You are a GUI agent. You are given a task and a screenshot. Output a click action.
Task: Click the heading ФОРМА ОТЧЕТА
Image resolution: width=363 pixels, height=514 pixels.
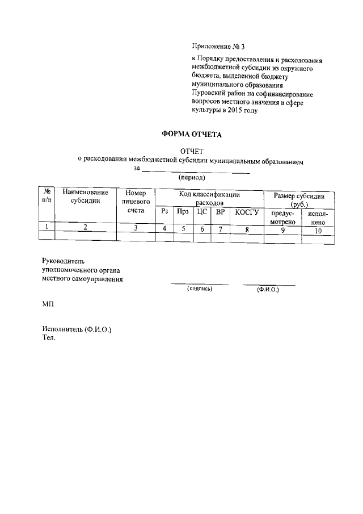[x=191, y=135]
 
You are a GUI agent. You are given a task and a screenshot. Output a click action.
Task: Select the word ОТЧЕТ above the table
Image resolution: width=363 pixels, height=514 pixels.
[x=191, y=152]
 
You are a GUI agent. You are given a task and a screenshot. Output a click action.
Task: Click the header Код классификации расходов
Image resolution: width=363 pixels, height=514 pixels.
[x=209, y=198]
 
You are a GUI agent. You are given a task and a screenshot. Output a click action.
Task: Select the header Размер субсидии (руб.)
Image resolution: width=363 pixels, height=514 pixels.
[x=299, y=199]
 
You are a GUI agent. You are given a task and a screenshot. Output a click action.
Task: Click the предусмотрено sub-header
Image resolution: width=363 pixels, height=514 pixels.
[x=282, y=218]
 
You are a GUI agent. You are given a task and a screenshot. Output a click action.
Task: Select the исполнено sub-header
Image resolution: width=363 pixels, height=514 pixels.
[x=318, y=218]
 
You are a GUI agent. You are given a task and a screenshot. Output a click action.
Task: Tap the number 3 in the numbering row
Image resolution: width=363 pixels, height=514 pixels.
[x=136, y=228]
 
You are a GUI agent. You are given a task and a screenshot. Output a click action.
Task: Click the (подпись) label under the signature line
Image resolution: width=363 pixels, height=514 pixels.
[x=200, y=289]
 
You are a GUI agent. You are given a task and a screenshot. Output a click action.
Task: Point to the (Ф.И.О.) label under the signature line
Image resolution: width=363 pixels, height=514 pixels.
[x=268, y=289]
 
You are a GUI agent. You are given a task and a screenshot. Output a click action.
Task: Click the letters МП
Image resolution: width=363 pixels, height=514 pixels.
[x=48, y=305]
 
